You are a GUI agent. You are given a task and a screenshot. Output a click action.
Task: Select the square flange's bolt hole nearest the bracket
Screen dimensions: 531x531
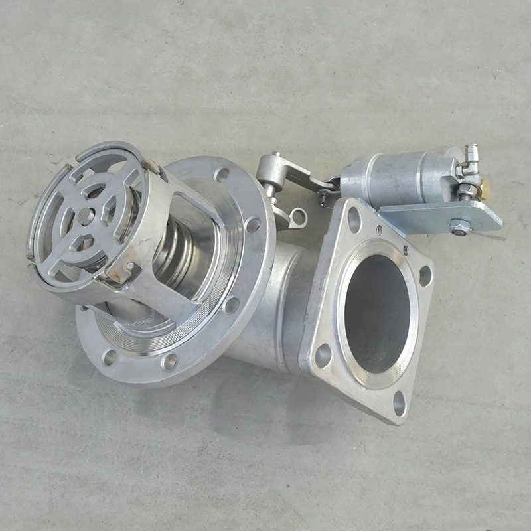(x=354, y=220)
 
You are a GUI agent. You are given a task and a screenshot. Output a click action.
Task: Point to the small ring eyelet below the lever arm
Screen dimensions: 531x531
(x=299, y=217)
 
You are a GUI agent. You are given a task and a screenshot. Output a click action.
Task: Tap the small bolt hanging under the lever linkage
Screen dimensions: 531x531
(x=322, y=196)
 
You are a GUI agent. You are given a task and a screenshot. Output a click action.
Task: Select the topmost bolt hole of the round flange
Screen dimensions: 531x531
(x=222, y=175)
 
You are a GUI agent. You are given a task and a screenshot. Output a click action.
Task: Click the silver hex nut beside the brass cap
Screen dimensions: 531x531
(x=466, y=192)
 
